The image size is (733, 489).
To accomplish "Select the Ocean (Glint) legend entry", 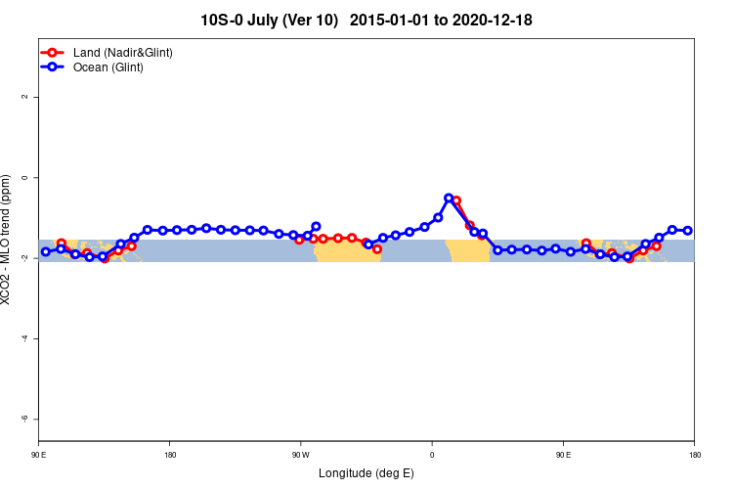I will click(108, 67).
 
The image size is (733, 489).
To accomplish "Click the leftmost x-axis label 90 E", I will click(38, 455).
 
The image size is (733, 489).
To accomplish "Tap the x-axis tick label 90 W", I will click(300, 455).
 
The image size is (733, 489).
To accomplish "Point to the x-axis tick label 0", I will click(432, 455).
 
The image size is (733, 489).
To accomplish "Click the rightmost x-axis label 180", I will click(694, 455).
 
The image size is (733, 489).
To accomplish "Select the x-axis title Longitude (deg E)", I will click(366, 473).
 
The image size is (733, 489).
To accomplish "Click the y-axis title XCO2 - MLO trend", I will click(8, 239).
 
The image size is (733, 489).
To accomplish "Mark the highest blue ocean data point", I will click(449, 198).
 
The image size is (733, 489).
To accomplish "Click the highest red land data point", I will click(455, 200).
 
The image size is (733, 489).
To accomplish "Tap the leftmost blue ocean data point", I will click(46, 251).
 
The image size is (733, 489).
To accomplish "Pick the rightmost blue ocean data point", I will click(687, 231).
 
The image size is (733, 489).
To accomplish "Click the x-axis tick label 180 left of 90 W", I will click(170, 455).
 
